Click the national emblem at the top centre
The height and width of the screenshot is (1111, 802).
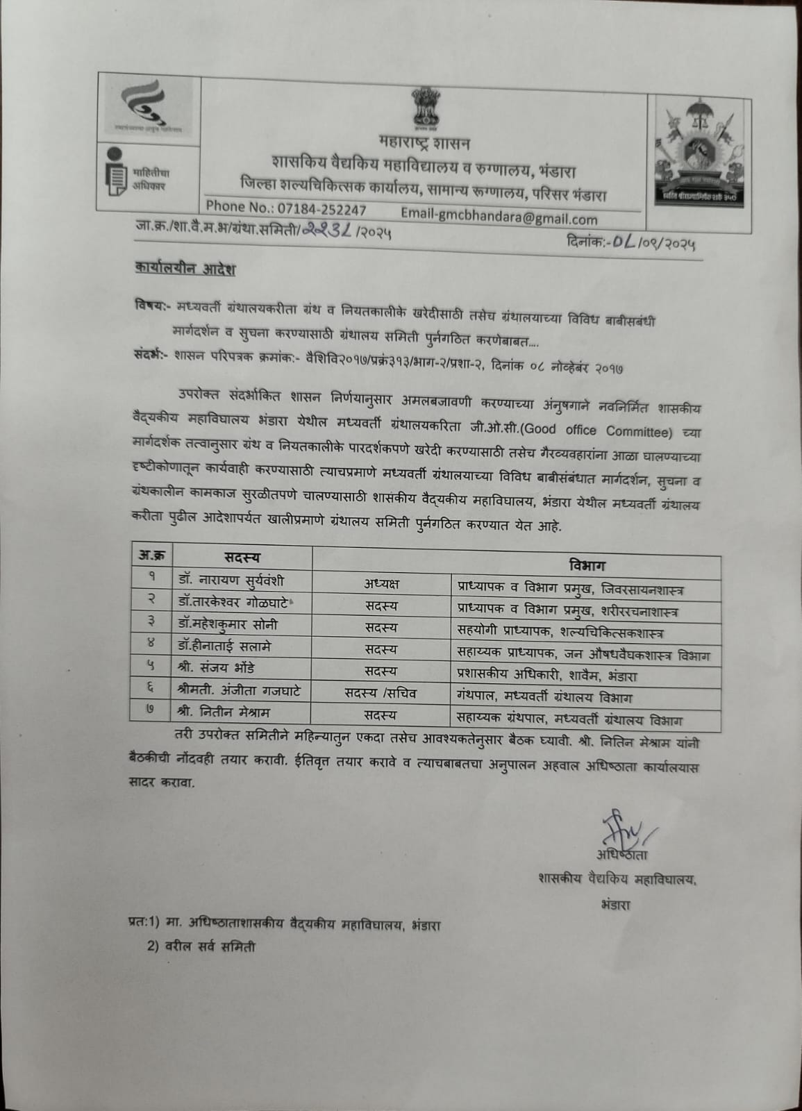(x=421, y=108)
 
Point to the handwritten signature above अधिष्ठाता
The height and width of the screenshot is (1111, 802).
(x=623, y=828)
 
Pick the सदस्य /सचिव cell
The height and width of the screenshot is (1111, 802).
(x=381, y=693)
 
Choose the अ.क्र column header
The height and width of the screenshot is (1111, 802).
(x=151, y=556)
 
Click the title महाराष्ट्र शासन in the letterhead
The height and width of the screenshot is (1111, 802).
(x=425, y=144)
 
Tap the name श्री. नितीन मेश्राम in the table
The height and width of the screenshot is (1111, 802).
(x=223, y=712)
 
